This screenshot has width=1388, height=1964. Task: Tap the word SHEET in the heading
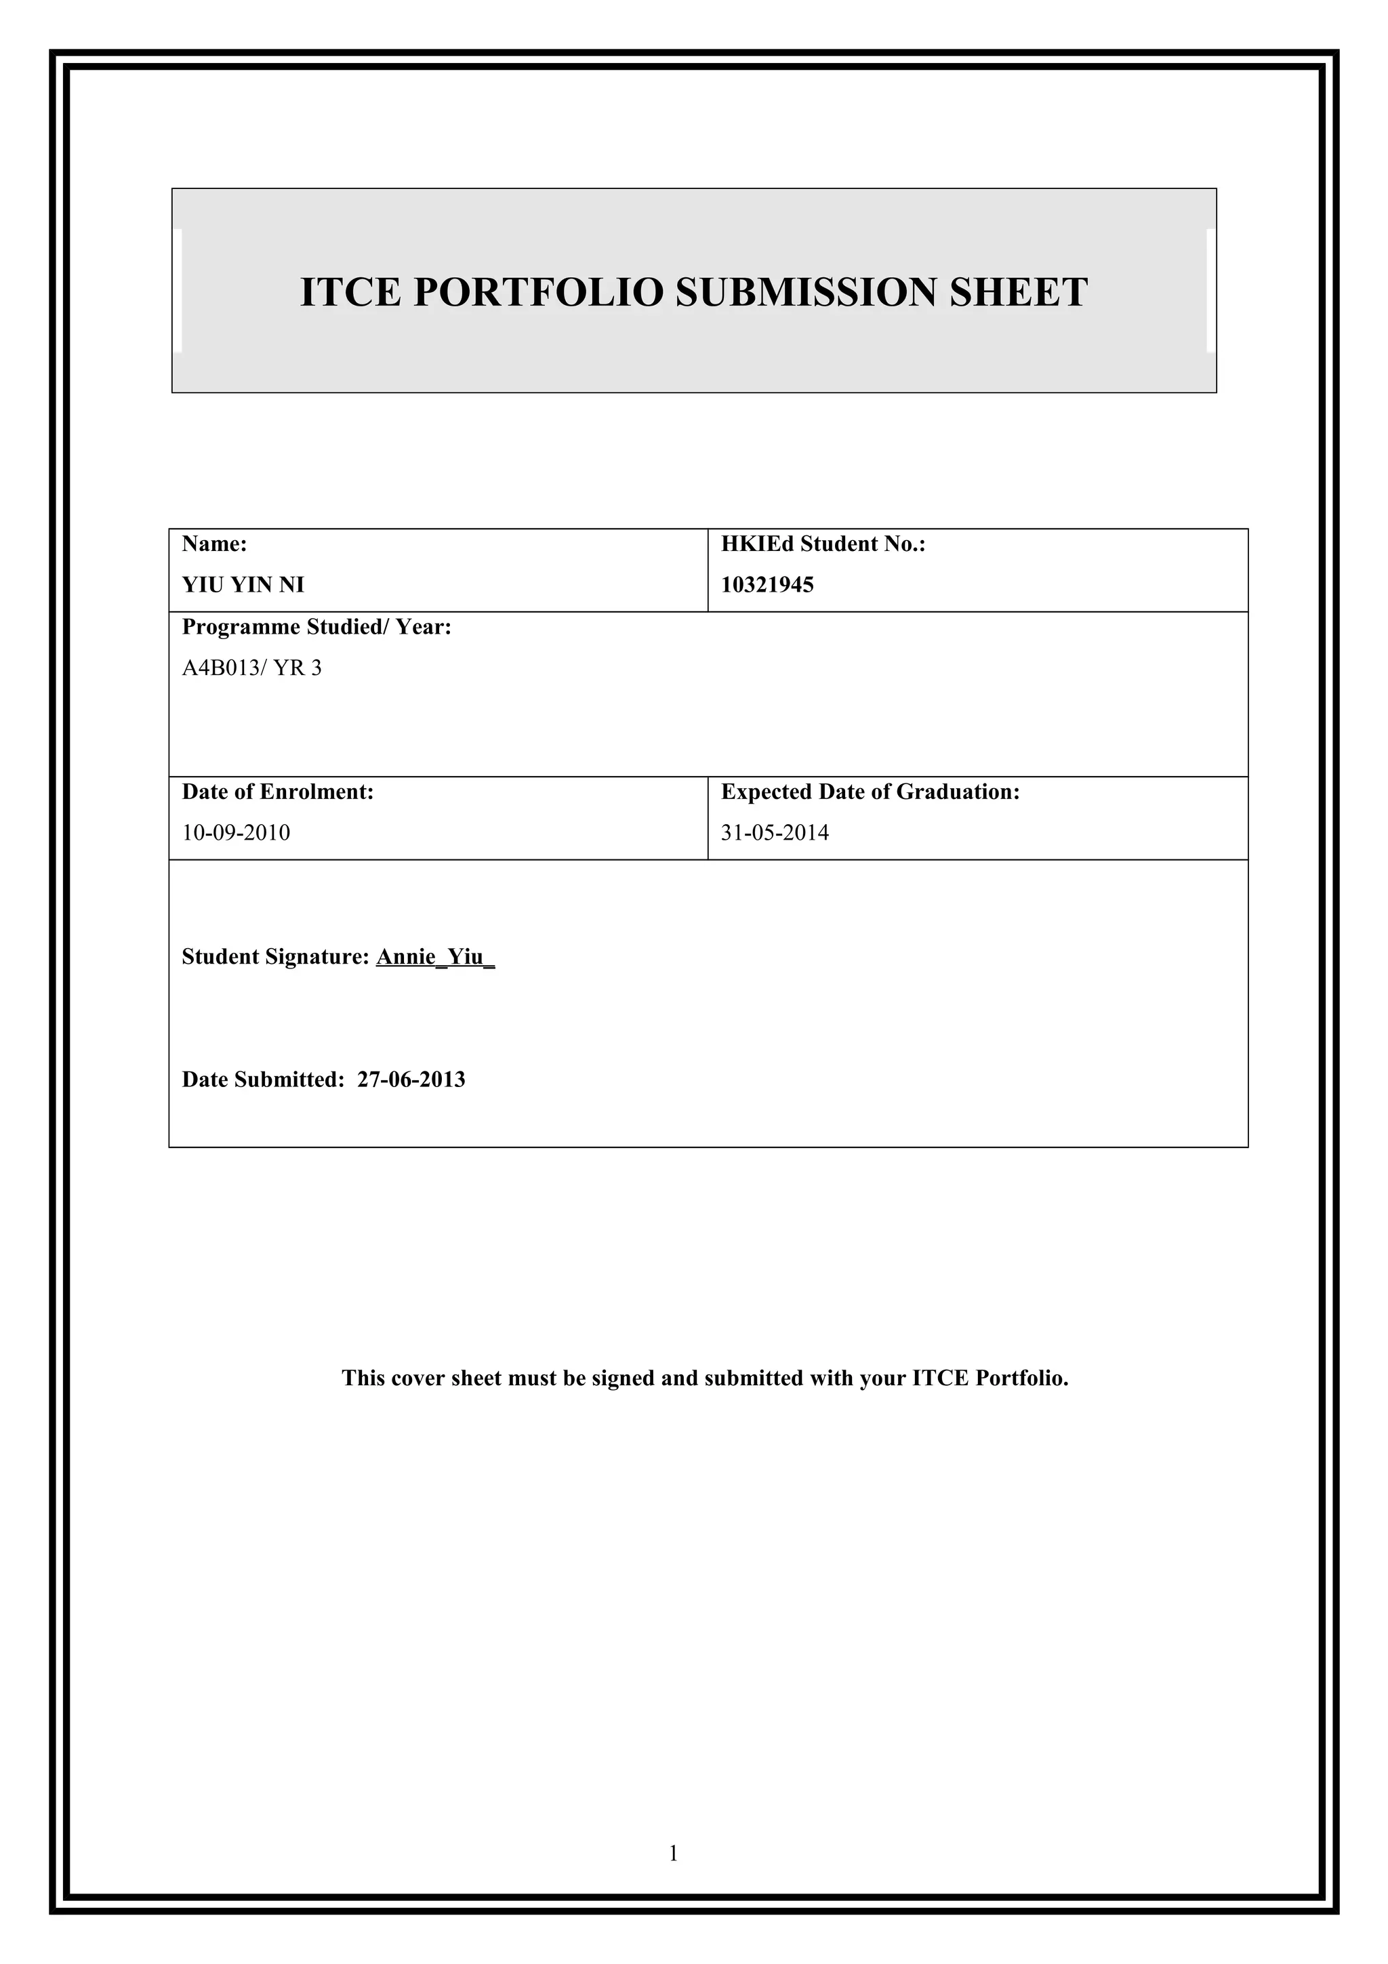(1019, 293)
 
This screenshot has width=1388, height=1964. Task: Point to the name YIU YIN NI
(243, 585)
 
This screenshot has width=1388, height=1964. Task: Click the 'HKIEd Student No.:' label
(823, 544)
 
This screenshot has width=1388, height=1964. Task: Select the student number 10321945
(767, 585)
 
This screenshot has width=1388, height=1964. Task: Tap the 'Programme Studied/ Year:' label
(317, 627)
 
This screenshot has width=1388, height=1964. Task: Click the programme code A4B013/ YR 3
(251, 668)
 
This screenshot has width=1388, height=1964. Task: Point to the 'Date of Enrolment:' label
(278, 792)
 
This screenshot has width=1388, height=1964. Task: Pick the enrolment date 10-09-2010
(236, 833)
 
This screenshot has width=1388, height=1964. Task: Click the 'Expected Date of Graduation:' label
(870, 792)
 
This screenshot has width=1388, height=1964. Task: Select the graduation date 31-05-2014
(775, 833)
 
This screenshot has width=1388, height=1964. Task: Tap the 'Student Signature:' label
(275, 957)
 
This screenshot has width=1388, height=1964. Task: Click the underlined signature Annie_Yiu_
(435, 957)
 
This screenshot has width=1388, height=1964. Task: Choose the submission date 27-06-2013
(411, 1080)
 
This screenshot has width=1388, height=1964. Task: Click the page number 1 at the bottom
(673, 1854)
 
